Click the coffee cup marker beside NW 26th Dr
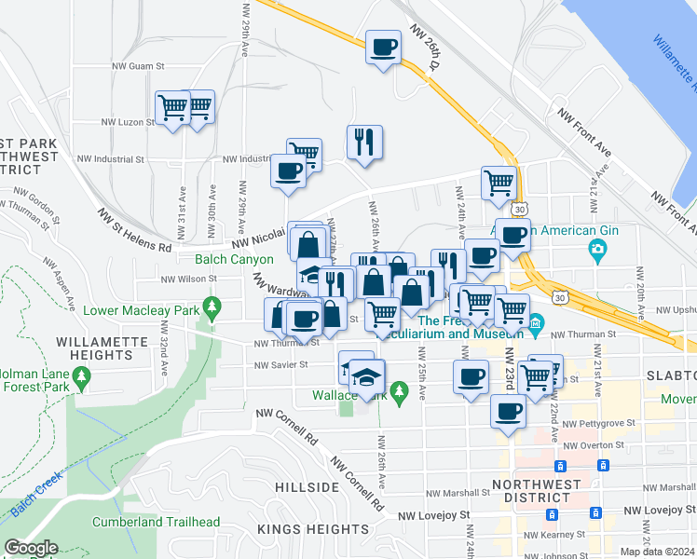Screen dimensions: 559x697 [x=383, y=47]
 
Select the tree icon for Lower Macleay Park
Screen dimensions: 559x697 [x=213, y=305]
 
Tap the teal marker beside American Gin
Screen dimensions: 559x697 [x=597, y=249]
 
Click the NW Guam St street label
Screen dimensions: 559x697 [x=138, y=66]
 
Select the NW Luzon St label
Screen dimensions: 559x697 [x=127, y=122]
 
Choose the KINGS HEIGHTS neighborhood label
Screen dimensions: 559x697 [x=304, y=529]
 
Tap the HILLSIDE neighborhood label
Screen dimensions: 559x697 [x=307, y=487]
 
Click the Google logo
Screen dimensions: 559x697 [x=31, y=548]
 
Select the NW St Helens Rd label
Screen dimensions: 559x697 [x=135, y=231]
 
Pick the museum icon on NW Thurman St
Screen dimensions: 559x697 [x=536, y=325]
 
